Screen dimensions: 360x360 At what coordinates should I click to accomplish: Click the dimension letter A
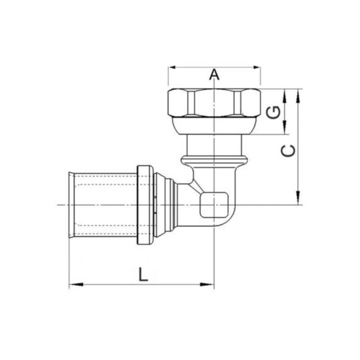point(214,74)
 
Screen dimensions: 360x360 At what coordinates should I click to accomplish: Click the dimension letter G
point(273,113)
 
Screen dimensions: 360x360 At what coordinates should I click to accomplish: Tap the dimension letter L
point(143,274)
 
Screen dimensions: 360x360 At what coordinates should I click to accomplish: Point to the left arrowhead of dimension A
point(172,67)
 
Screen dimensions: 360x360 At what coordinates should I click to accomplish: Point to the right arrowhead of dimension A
point(256,67)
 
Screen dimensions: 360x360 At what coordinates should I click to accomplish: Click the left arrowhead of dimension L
point(76,289)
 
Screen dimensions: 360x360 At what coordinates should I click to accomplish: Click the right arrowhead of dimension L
point(207,289)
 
